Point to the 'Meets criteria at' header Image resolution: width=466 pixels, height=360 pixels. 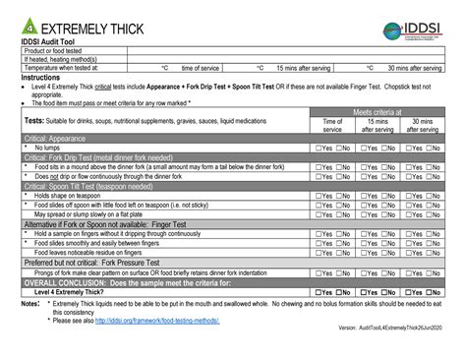(378, 113)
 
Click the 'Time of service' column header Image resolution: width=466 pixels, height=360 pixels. (332, 125)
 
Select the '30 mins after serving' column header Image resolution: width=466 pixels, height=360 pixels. (424, 125)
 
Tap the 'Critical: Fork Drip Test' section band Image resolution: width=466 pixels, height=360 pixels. (109, 157)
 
